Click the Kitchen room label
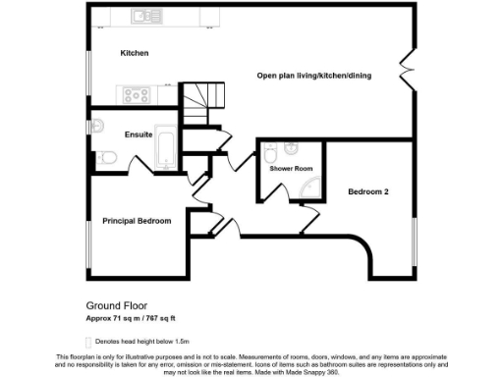[135, 53]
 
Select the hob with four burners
[136, 95]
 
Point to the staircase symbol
[203, 101]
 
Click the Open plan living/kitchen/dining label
[313, 76]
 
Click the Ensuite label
[139, 135]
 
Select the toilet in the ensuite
[108, 157]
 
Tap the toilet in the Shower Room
[292, 150]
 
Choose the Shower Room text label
[291, 169]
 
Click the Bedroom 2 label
[368, 191]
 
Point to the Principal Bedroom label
[137, 221]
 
